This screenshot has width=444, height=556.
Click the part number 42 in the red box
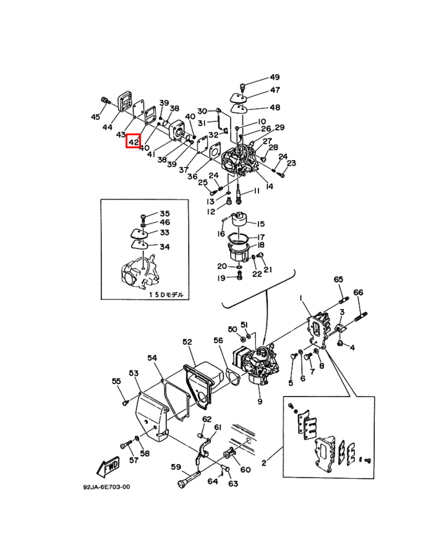point(134,142)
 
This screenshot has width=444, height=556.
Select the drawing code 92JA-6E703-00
point(106,487)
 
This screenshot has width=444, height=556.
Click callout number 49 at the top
point(274,77)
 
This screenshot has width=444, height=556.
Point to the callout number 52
point(187,342)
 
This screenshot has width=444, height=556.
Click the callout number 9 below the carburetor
point(260,402)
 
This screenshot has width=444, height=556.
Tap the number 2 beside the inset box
point(263,462)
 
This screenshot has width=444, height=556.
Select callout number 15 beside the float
point(260,224)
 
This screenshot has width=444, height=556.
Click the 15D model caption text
point(166,295)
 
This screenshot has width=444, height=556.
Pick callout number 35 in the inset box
point(164,213)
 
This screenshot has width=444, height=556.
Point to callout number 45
point(95,117)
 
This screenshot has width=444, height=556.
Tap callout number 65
point(338,280)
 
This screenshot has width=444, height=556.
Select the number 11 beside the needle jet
point(257,193)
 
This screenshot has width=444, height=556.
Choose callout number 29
point(279,127)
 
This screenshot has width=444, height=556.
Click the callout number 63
point(233,483)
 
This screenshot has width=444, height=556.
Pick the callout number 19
point(221,278)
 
